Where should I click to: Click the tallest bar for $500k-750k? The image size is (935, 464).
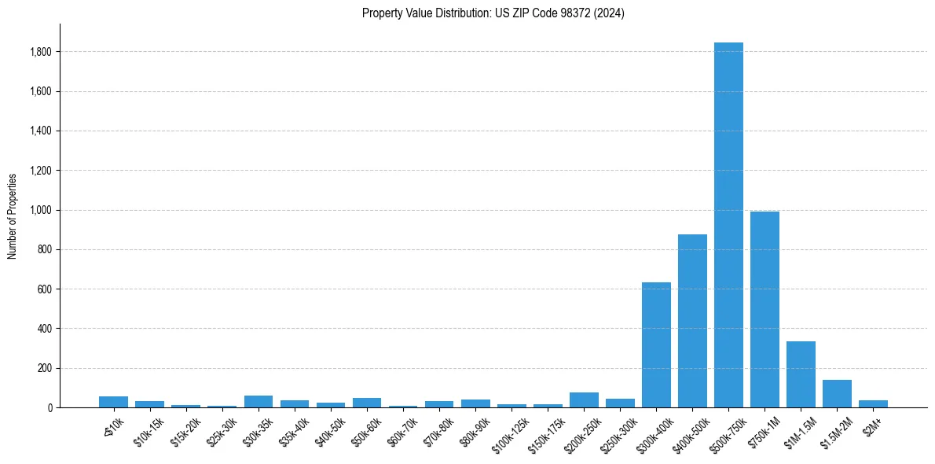pos(728,225)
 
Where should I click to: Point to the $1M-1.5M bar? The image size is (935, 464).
pos(801,374)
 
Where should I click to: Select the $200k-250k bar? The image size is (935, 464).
pos(584,400)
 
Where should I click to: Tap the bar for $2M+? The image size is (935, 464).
pos(873,403)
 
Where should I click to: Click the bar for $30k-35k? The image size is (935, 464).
pos(258,401)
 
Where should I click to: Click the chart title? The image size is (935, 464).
pos(493,13)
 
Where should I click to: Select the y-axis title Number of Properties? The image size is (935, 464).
pos(13,215)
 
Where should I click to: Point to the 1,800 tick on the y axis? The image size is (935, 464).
pos(41,52)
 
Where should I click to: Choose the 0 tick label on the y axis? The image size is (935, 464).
pos(49,407)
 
